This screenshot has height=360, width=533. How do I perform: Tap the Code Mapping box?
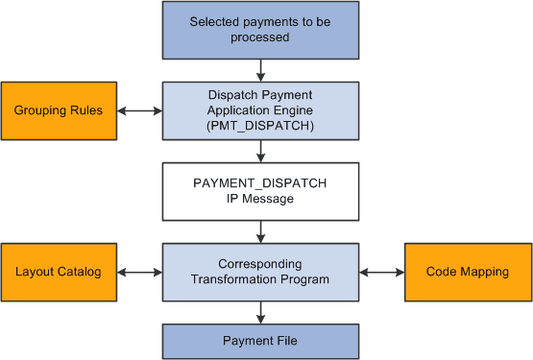click(x=469, y=273)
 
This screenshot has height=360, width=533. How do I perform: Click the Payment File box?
click(x=260, y=341)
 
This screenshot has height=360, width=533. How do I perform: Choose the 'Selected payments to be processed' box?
click(x=260, y=30)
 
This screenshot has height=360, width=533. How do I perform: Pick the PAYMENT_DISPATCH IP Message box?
click(x=260, y=192)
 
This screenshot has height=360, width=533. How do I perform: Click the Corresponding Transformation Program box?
click(x=260, y=273)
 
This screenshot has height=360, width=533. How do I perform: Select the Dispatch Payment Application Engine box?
click(x=260, y=110)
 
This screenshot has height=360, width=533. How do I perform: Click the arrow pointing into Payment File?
click(x=260, y=313)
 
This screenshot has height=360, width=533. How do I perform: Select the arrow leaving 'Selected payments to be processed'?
click(x=260, y=69)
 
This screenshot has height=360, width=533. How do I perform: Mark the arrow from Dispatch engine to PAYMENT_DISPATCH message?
click(x=260, y=151)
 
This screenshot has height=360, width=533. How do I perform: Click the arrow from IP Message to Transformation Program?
click(x=260, y=231)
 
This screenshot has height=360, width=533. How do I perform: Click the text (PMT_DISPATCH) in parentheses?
click(x=260, y=126)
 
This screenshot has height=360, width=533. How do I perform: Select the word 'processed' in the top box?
click(x=260, y=37)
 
